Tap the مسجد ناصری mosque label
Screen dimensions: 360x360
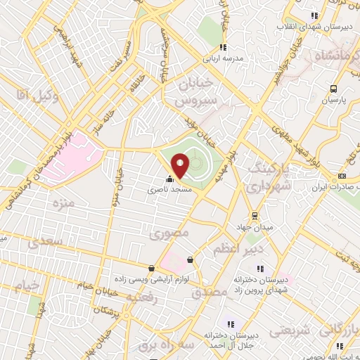pos(169,189)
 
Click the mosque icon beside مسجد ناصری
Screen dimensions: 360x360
pos(169,179)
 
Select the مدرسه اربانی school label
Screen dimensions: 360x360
pos(232,59)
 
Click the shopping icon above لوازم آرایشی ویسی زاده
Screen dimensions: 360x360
pos(151,268)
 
